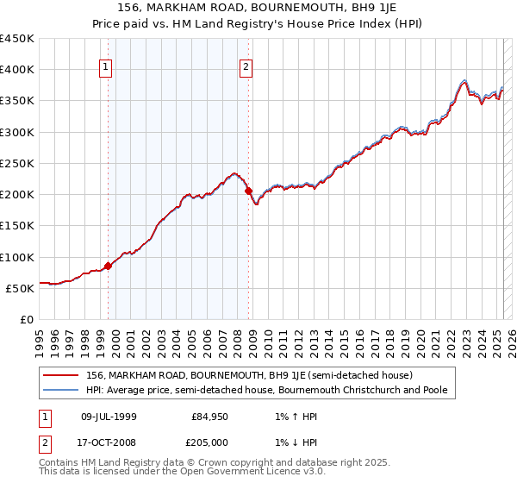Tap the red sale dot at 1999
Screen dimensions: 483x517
click(109, 267)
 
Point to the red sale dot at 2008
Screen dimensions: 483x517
click(249, 191)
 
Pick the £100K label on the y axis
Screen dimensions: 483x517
click(17, 257)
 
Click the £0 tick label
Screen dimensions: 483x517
click(26, 320)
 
